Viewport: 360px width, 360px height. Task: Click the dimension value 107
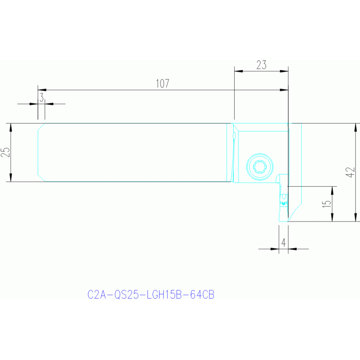162,84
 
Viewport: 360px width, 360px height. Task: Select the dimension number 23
261,65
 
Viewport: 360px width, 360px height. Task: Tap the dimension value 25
6,152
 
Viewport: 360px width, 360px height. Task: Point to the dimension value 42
350,172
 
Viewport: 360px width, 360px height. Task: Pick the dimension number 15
328,204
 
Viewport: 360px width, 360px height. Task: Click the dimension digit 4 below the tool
283,243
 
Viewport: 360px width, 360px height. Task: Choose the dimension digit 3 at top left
41,98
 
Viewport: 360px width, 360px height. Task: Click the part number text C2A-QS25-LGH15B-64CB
151,295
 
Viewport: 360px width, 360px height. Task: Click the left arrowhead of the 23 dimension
237,71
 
